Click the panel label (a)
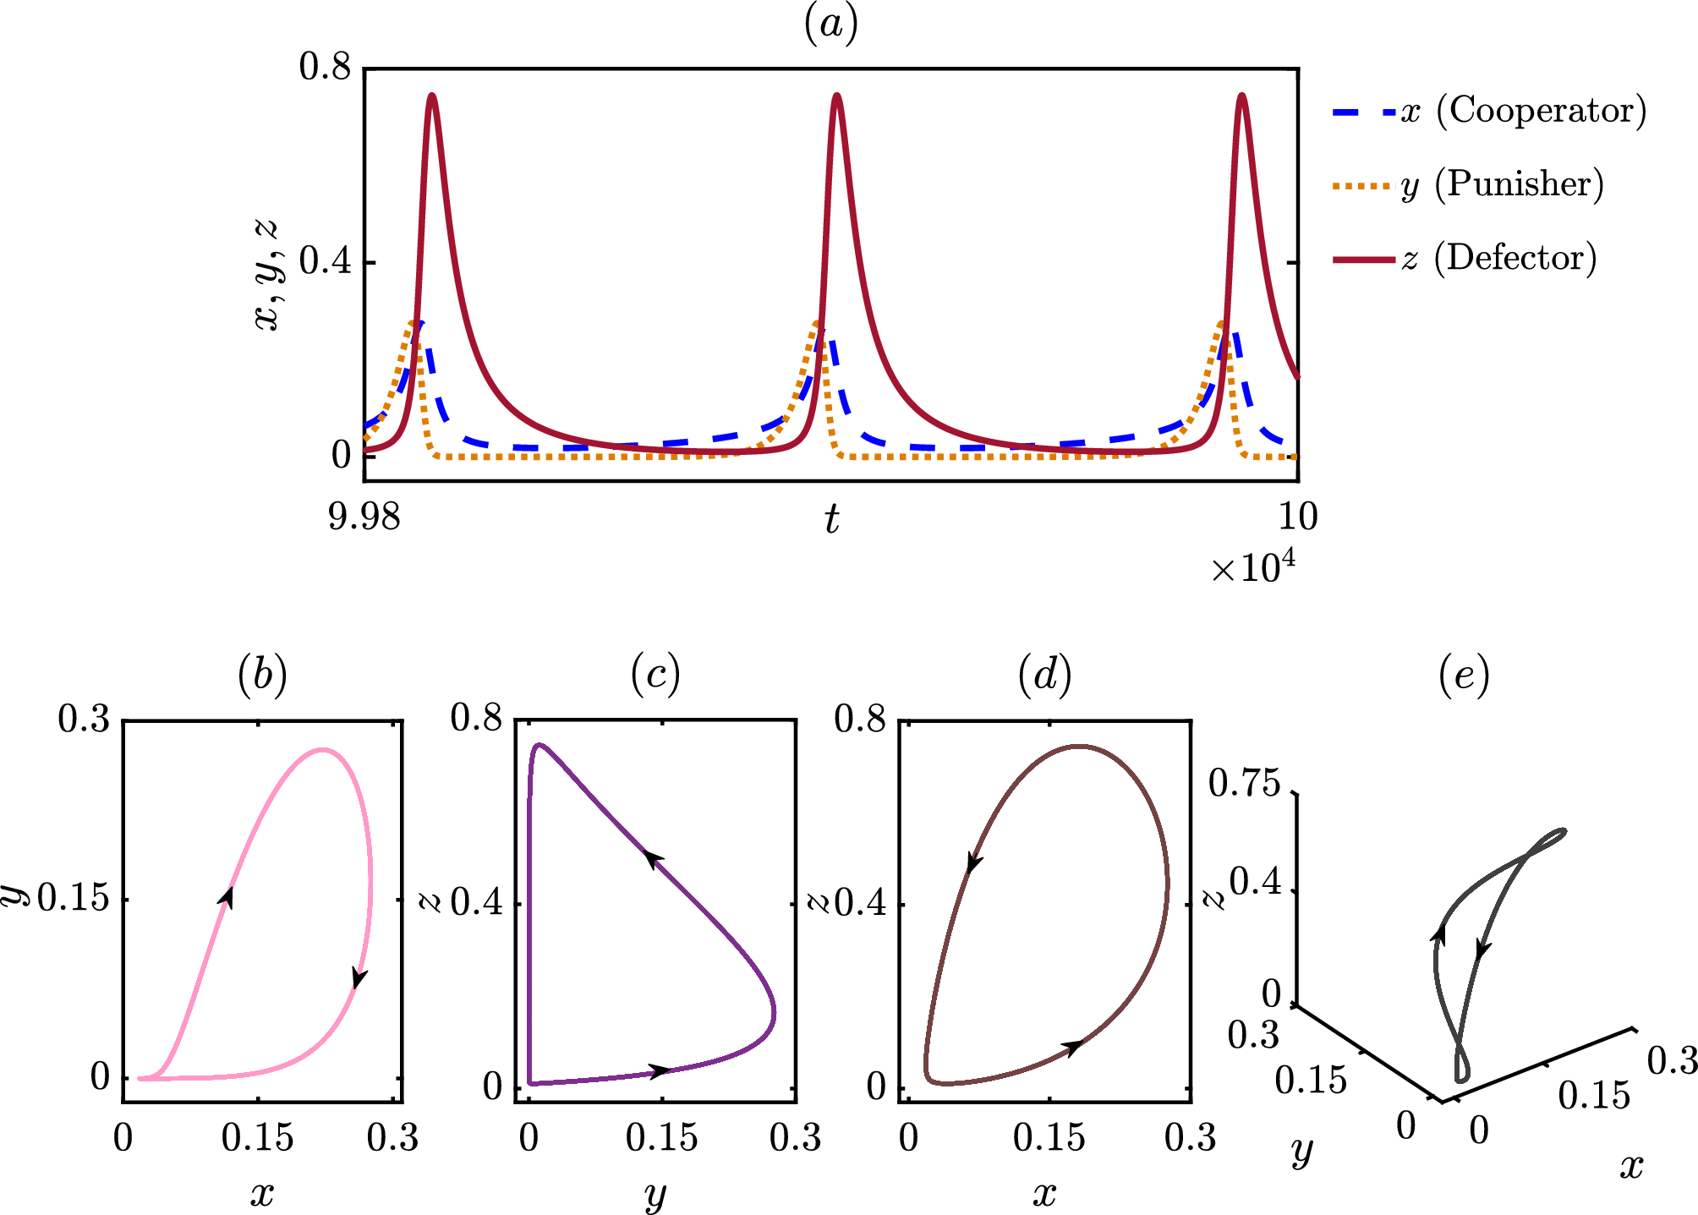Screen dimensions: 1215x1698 (x=831, y=24)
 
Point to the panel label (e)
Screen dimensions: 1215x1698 (x=1464, y=676)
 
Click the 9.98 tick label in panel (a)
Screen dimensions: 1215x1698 (x=364, y=517)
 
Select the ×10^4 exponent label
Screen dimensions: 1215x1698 (x=1252, y=567)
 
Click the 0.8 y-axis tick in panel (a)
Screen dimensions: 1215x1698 (x=325, y=68)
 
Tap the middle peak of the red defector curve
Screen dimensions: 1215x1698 (x=837, y=96)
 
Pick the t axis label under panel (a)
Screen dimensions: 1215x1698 (x=832, y=519)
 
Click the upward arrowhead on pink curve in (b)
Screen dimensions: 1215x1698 (x=227, y=897)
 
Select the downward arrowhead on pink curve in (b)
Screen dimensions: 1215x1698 (x=359, y=977)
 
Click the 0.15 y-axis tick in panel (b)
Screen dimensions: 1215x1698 (x=74, y=899)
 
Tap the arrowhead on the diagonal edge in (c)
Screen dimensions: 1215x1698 (x=654, y=859)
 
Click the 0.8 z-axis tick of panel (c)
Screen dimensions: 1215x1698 (x=476, y=719)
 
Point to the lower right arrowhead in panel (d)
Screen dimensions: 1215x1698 (x=1072, y=1048)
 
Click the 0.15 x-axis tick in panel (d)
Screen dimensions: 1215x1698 (x=1049, y=1139)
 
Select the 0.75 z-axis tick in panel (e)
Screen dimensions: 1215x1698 (x=1245, y=785)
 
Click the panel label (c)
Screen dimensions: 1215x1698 (x=655, y=676)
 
